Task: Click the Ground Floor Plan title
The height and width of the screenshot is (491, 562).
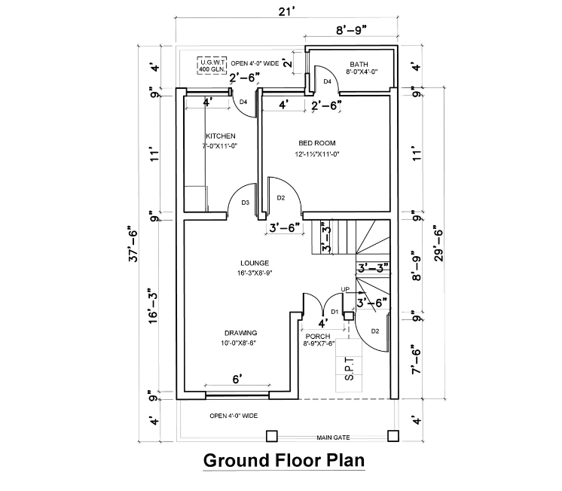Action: pyautogui.click(x=284, y=461)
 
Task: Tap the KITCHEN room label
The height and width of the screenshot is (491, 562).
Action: pyautogui.click(x=221, y=136)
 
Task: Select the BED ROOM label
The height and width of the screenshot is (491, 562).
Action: pyautogui.click(x=317, y=143)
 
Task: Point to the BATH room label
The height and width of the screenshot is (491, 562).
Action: pyautogui.click(x=359, y=64)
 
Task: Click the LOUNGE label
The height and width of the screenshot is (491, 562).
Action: pyautogui.click(x=255, y=263)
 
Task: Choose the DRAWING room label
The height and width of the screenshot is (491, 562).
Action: pyautogui.click(x=241, y=333)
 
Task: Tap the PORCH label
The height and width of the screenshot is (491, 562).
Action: pyautogui.click(x=318, y=337)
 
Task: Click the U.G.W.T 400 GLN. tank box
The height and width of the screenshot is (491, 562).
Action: pyautogui.click(x=212, y=66)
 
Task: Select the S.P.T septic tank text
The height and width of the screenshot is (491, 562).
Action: pyautogui.click(x=349, y=368)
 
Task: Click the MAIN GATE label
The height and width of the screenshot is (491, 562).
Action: pyautogui.click(x=333, y=438)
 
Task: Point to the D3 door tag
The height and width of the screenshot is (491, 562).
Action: pyautogui.click(x=245, y=203)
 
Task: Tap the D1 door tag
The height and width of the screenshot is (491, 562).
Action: pyautogui.click(x=334, y=313)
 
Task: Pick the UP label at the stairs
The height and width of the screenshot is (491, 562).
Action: pyautogui.click(x=345, y=290)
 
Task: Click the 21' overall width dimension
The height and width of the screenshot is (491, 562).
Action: pyautogui.click(x=287, y=11)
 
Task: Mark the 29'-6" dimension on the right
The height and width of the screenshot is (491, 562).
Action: pyautogui.click(x=439, y=243)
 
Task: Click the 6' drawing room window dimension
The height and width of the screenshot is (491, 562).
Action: pyautogui.click(x=237, y=380)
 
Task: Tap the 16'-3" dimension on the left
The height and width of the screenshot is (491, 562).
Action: pyautogui.click(x=153, y=305)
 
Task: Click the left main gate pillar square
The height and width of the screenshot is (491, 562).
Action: pyautogui.click(x=272, y=436)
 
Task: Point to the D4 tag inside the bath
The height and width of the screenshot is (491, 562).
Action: pyautogui.click(x=328, y=82)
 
